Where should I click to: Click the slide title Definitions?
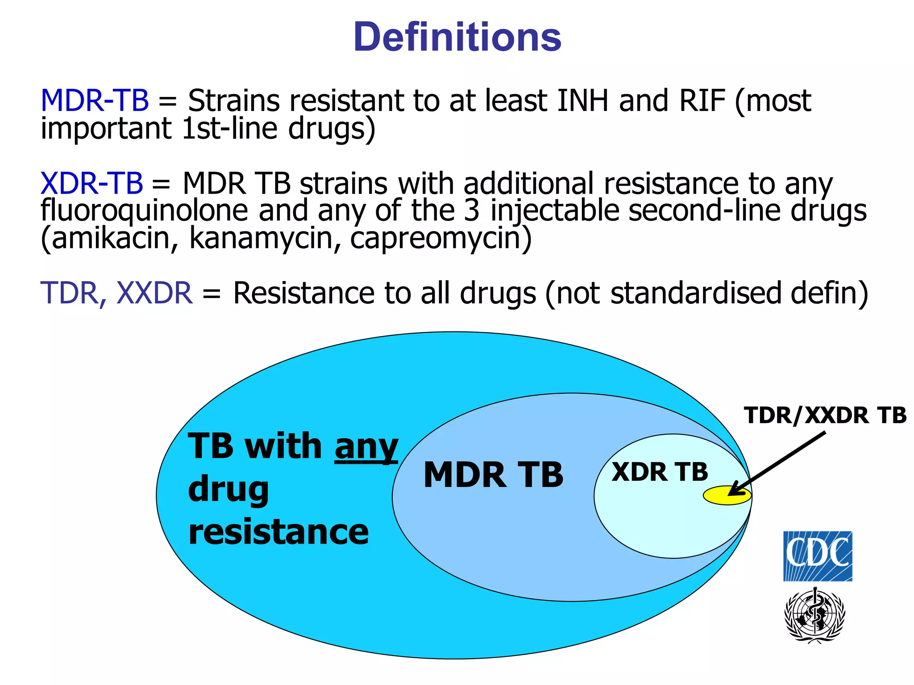(x=457, y=37)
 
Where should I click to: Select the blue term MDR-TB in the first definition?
(x=95, y=101)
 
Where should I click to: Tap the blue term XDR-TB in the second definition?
(x=91, y=183)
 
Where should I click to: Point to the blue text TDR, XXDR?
(x=116, y=293)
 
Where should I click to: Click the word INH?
(x=582, y=101)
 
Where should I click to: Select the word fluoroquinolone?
(x=144, y=211)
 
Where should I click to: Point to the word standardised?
(x=695, y=293)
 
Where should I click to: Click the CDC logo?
(x=818, y=556)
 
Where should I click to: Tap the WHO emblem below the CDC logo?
(x=815, y=615)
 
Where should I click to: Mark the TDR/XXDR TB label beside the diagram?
(x=825, y=415)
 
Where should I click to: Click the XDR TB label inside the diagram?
(x=660, y=472)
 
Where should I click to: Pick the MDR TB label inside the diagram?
(x=493, y=475)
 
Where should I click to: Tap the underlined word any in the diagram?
(x=366, y=447)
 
